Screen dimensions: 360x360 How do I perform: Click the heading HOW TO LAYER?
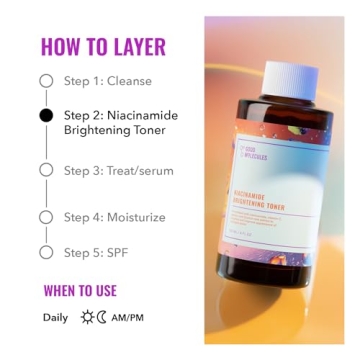[103, 46]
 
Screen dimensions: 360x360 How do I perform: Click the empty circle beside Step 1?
[46, 81]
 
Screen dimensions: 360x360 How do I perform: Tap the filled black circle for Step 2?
[46, 116]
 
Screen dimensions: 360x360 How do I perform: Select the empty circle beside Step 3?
[46, 170]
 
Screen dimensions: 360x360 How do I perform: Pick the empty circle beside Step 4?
[46, 217]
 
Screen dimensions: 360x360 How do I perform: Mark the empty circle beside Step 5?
[46, 252]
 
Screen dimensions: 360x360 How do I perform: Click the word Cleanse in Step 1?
[130, 81]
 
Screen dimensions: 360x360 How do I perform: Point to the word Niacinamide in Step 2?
[141, 116]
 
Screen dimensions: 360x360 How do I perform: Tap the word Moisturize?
[135, 217]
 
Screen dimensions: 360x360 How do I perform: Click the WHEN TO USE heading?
[80, 291]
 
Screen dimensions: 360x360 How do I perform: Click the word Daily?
[56, 318]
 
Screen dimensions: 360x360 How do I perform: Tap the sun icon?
[87, 318]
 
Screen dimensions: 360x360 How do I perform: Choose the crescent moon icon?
[101, 318]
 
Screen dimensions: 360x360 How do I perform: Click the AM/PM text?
[129, 318]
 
